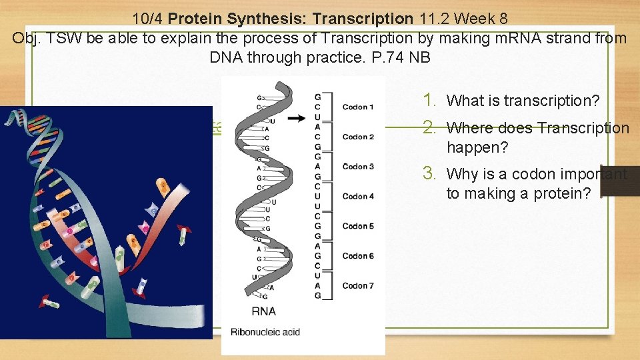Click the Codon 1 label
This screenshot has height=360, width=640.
point(358,107)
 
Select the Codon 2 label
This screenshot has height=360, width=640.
point(358,137)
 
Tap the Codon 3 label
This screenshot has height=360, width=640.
point(358,167)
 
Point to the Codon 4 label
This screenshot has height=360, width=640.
point(358,196)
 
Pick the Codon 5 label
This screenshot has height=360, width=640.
point(358,226)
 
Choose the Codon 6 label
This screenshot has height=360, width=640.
point(358,256)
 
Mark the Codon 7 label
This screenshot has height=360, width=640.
point(358,285)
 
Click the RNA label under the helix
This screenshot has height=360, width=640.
point(264,311)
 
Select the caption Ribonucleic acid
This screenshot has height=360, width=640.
point(265,332)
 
